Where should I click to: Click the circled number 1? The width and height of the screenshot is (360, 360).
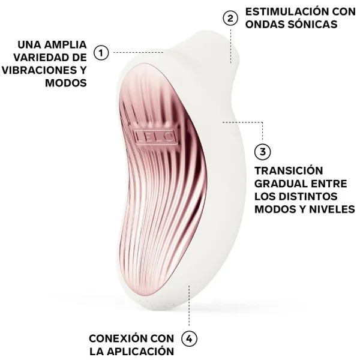tap(101, 53)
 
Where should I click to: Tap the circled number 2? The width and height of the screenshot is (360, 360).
tap(229, 18)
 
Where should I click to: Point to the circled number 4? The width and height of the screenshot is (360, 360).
tap(190, 338)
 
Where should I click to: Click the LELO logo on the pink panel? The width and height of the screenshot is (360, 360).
tap(154, 137)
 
